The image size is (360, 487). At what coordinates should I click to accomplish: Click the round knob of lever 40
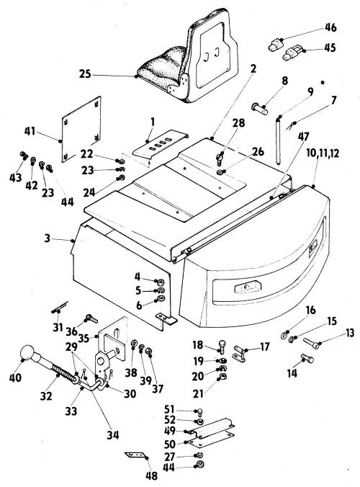pos(27,352)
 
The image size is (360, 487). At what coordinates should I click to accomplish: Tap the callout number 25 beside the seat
pos(85,74)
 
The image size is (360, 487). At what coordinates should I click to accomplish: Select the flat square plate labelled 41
pos(81,129)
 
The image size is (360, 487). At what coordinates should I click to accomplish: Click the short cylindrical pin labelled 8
pos(259,109)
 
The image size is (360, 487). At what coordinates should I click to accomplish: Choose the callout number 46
pos(330,27)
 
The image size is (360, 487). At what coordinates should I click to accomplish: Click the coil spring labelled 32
pos(63,372)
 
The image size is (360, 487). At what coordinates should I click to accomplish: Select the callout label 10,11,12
pos(323,153)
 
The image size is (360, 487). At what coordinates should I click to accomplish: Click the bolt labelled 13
pos(311,343)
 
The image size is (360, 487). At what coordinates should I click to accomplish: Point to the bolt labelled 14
pos(307,359)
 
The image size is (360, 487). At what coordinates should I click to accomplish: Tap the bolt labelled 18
pos(222,347)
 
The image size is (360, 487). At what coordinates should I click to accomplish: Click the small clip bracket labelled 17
pos(239,353)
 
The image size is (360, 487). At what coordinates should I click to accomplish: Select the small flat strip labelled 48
pos(135,455)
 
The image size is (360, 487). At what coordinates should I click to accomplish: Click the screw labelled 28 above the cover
pos(220,158)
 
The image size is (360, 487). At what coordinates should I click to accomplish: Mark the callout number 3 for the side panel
pos(48,238)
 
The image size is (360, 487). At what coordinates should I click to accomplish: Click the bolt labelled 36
pos(91,318)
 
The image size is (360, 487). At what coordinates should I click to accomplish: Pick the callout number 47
pos(304,136)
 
